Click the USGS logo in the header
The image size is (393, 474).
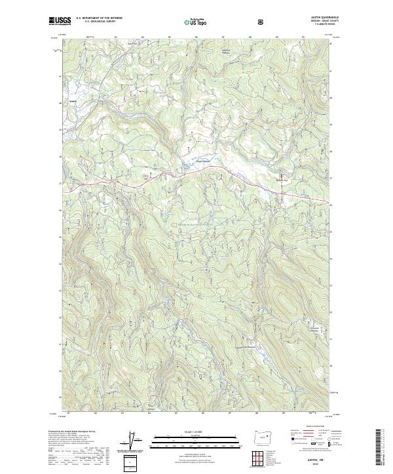(60, 21)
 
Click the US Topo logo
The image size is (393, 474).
(196, 21)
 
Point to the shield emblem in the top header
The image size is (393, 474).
(262, 21)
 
